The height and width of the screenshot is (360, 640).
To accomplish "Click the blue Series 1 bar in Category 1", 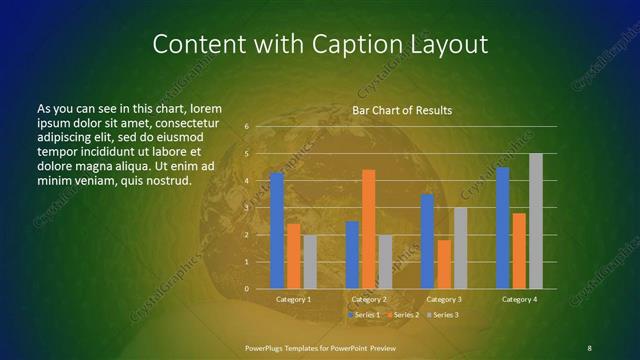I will point(277,231).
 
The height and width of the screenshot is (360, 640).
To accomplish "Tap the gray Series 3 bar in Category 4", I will point(536,221).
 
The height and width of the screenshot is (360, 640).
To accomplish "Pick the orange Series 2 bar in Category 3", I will point(444,264).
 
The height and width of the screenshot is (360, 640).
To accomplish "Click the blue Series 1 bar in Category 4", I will point(503,228).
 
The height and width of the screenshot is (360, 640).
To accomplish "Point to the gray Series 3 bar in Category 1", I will point(310,262).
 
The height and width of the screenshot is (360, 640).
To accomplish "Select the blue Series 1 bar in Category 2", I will point(352,255).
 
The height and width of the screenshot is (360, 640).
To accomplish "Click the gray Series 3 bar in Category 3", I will point(460,248).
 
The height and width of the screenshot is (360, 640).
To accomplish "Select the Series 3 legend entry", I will point(444,315).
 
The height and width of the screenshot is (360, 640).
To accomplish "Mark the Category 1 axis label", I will point(293,299).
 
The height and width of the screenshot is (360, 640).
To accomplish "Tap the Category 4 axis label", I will point(519,299).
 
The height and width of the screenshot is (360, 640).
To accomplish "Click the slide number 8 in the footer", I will point(589,347).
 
